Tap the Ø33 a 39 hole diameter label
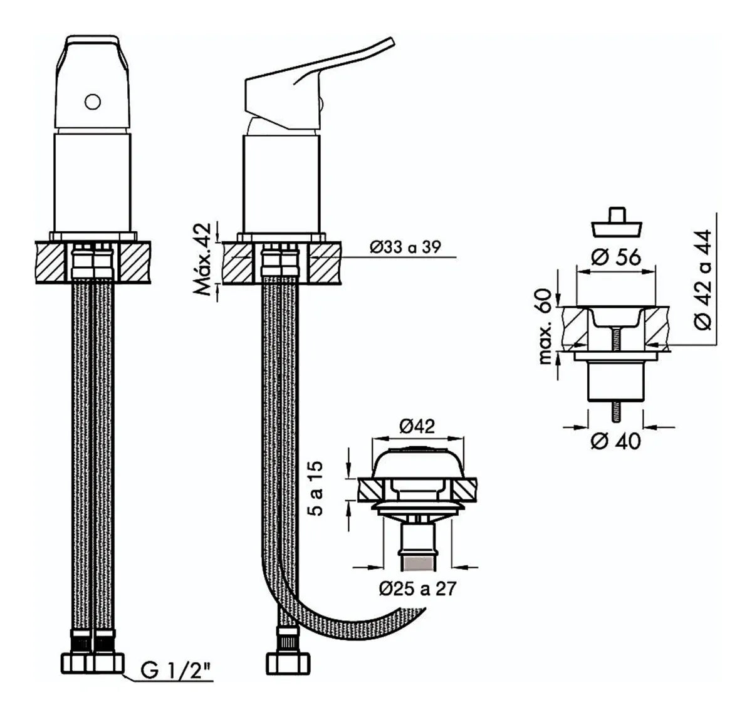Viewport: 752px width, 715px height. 405,248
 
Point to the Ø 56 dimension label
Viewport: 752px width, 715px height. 616,257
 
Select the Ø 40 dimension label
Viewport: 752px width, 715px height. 616,441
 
